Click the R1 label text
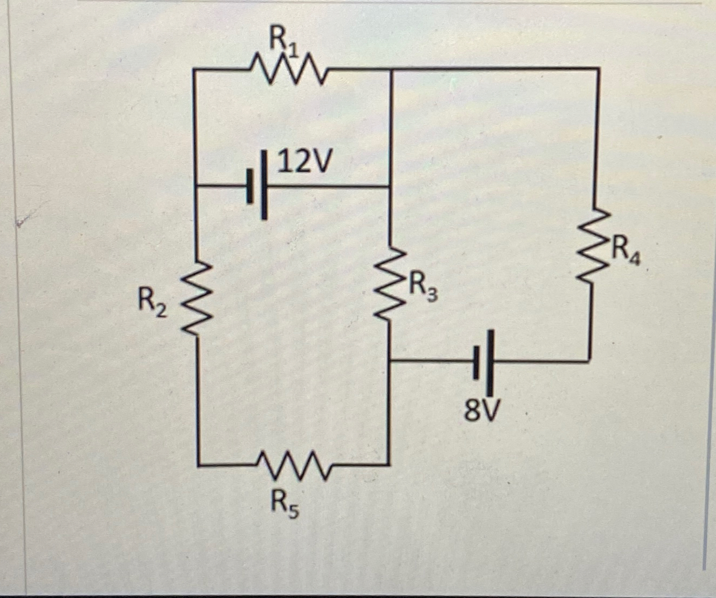point(282,41)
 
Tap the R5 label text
point(284,504)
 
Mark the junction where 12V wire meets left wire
point(195,187)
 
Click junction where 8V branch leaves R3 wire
point(390,361)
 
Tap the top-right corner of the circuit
point(599,69)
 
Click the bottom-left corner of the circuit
point(198,463)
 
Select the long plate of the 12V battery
point(264,186)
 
